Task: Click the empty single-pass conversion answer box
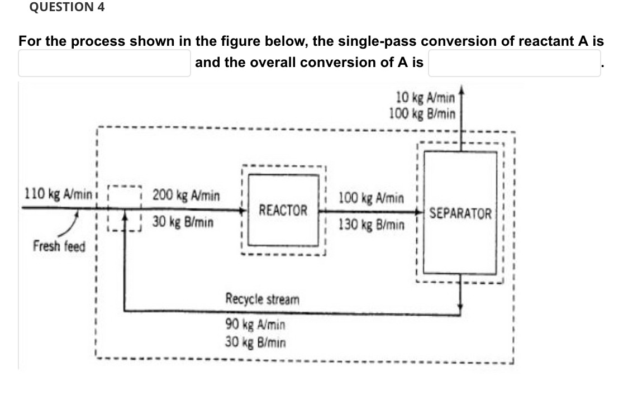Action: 104,63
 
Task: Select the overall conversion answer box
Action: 514,63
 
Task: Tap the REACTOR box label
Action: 283,211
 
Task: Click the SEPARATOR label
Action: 460,214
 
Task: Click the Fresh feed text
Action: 59,246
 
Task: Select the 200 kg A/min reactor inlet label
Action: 186,196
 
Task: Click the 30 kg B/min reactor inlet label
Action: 183,222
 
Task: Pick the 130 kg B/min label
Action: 370,225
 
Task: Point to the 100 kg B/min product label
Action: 423,113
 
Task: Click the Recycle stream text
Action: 262,299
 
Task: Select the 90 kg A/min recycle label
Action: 255,324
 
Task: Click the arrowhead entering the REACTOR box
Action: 244,211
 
